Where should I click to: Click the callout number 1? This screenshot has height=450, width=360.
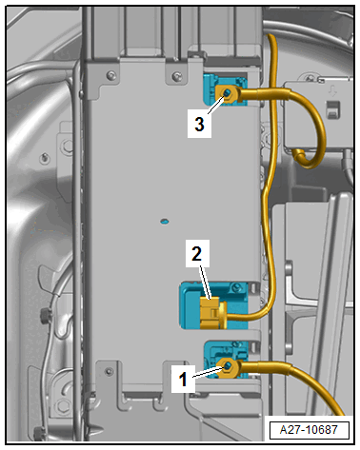point(183,379)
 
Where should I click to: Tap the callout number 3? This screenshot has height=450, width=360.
point(199,124)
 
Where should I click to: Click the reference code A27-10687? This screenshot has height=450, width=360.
point(309,430)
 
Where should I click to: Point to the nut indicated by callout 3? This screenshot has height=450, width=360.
point(228,93)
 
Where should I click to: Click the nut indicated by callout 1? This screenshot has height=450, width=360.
point(228,367)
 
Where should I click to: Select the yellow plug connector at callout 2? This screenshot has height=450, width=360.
point(212,313)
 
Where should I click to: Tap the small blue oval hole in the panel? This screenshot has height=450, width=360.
point(165,221)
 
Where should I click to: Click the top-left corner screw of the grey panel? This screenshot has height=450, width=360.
point(110,75)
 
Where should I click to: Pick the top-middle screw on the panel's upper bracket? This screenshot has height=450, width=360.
point(176,76)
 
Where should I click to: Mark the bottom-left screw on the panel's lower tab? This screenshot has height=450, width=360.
point(110,371)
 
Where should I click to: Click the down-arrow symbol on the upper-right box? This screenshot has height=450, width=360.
point(332,91)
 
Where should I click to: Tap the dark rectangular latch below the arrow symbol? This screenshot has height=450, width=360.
point(333,109)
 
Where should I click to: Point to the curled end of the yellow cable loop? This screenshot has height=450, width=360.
point(299,156)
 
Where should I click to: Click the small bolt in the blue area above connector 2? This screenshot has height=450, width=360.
point(236,287)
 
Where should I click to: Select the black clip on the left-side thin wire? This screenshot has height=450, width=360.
point(46,315)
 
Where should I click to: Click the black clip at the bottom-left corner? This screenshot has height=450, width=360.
point(39,434)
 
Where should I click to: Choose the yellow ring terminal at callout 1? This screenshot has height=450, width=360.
point(228,368)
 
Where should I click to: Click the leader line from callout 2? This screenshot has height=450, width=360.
point(206,283)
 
